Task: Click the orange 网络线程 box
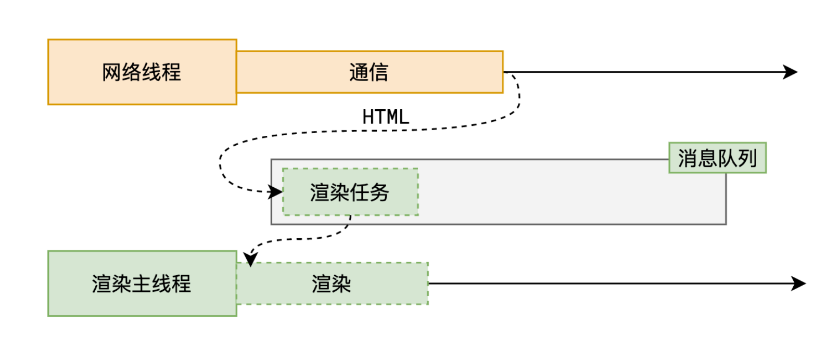[142, 72]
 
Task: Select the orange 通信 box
[370, 72]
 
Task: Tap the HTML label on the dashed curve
[386, 117]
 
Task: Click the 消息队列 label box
[718, 158]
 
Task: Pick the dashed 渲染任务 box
[350, 192]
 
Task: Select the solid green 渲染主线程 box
[142, 284]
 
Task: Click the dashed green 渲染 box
[332, 284]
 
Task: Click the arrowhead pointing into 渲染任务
[275, 192]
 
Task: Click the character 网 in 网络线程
[111, 72]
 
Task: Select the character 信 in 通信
[379, 72]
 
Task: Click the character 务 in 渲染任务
[379, 192]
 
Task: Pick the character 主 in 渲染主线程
[142, 284]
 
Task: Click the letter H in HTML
[368, 117]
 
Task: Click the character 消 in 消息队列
[688, 158]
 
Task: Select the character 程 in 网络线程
[172, 72]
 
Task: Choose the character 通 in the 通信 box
[359, 72]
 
